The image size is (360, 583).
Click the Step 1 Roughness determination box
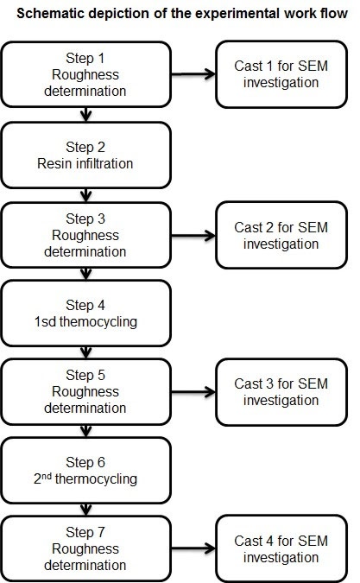click(85, 74)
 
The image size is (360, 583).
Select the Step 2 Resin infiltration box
click(85, 155)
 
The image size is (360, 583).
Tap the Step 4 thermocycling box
click(85, 313)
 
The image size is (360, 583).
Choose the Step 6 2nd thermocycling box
click(85, 471)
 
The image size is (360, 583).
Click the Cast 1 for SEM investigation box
click(281, 74)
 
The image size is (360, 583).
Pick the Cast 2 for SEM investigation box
click(281, 235)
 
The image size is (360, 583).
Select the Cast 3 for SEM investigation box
click(281, 392)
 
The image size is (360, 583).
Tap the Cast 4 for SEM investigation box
click(281, 548)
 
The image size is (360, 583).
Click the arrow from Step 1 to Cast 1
click(193, 74)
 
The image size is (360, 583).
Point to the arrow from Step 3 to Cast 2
click(193, 235)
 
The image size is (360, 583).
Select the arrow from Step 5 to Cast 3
click(193, 392)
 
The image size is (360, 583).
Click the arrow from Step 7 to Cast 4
click(193, 548)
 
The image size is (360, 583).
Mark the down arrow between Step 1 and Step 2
click(85, 115)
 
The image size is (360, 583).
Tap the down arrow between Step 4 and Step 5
click(85, 352)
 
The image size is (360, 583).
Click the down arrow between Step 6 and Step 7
click(85, 510)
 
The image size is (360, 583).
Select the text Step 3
click(85, 219)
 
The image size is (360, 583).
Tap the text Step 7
click(85, 532)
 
